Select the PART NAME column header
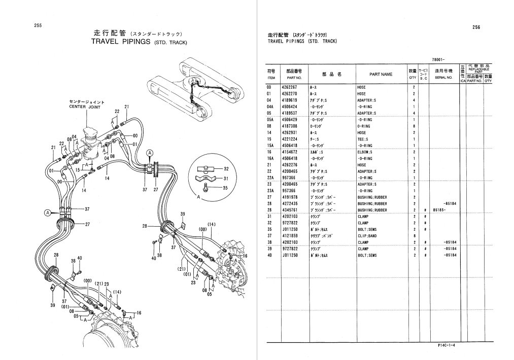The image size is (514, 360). coord(381,75)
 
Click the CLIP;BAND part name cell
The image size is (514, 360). coord(367,236)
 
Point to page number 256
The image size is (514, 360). coord(476,27)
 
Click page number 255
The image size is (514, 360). coord(38,26)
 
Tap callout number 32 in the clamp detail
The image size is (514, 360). coord(226,168)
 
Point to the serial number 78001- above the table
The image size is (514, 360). coord(439,59)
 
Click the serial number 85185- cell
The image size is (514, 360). coord(439,210)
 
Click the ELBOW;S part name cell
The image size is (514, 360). coord(365,152)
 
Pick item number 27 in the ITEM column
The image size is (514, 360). coord(269,197)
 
